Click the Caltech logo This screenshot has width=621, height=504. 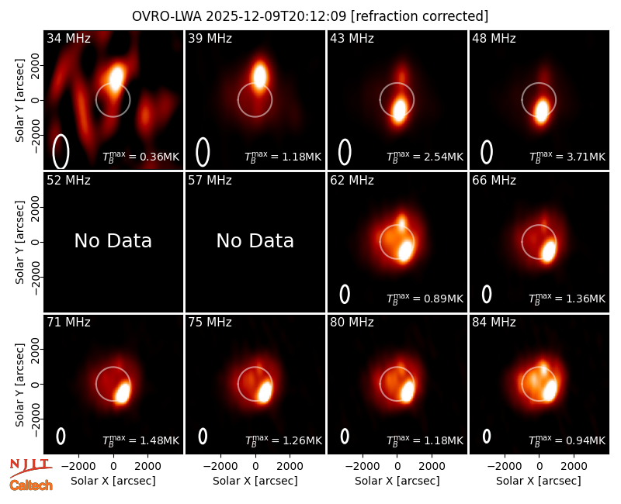[x=31, y=485]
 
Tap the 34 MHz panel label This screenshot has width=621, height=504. [x=68, y=38]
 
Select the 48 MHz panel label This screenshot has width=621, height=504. [x=494, y=38]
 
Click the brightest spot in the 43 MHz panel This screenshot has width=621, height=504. [x=399, y=110]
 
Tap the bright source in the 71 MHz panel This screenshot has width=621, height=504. [x=122, y=393]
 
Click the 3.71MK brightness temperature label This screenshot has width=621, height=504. [x=567, y=157]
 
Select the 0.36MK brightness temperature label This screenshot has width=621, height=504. [x=141, y=157]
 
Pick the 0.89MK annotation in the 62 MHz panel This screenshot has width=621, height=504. [x=425, y=299]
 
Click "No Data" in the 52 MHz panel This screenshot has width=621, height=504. [x=113, y=241]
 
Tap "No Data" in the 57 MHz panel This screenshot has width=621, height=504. [x=255, y=241]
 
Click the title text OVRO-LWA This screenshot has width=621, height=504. [x=166, y=16]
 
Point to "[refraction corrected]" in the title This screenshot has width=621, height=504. [x=419, y=16]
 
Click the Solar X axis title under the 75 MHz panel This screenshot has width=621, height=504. [x=255, y=481]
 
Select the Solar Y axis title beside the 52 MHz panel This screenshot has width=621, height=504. [x=19, y=242]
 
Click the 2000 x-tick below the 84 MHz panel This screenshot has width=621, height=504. [x=574, y=467]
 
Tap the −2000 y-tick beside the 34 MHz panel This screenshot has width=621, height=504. [x=35, y=134]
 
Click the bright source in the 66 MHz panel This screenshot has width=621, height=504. [x=548, y=251]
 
